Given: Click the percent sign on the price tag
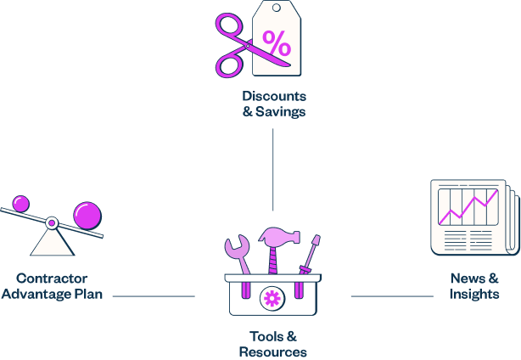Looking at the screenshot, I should coord(276,41).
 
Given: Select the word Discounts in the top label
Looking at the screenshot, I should coord(273,96).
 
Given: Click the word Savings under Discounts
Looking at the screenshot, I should coord(282,111).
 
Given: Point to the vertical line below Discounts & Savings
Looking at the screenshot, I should coord(273,170).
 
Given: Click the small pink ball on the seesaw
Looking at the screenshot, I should coord(20,204).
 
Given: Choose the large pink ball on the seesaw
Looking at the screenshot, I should coord(87,215).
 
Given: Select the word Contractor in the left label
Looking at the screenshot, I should coord(52,278).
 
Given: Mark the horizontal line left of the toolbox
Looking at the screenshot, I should coord(154,296).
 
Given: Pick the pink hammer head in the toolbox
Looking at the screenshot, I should coord(275,235).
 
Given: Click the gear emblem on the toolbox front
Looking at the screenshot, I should coord(272,297).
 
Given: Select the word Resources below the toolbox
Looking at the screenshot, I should coord(272,352).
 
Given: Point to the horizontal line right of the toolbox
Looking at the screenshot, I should coord(392,296).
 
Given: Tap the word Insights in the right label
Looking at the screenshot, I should coord(473,295).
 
